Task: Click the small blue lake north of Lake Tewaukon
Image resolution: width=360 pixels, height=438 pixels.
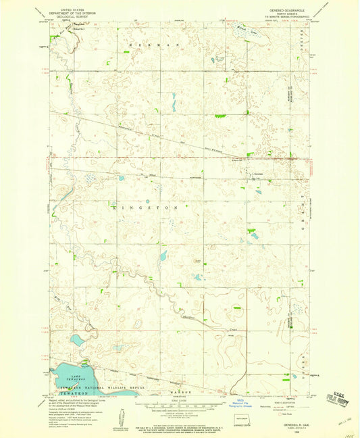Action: (78, 340)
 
